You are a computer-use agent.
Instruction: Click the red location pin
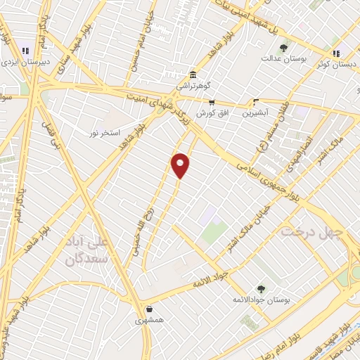(181, 165)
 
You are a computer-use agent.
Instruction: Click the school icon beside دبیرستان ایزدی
(26, 51)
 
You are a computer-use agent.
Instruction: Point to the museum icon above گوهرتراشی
(193, 75)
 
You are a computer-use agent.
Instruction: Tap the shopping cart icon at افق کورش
(211, 102)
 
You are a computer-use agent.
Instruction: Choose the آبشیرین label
(255, 112)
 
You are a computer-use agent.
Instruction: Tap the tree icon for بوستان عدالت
(283, 48)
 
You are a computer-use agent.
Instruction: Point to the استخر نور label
(105, 133)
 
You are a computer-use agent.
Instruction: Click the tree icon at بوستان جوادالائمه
(261, 288)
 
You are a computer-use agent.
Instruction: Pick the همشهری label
(149, 320)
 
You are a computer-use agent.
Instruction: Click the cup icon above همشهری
(149, 309)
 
